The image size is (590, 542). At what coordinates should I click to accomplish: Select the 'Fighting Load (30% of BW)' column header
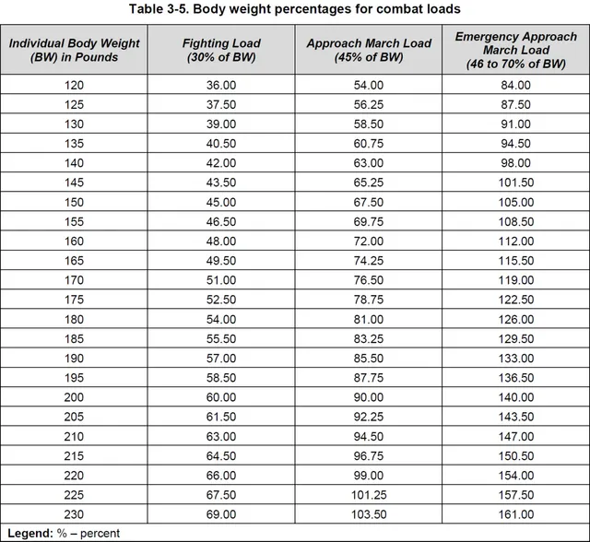coord(221,50)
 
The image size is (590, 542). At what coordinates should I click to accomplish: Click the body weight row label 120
coord(73,85)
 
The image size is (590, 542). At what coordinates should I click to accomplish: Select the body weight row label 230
coord(73,513)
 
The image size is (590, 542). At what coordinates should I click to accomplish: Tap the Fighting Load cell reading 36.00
coord(221,85)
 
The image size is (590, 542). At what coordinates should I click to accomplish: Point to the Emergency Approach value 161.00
coord(515,513)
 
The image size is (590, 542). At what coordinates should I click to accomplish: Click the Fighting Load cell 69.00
coord(221,513)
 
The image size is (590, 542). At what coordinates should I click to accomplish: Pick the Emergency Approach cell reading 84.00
coord(515,85)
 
